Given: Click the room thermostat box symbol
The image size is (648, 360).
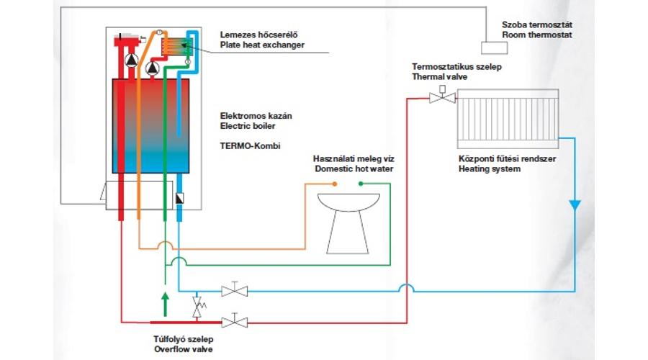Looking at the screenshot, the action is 494,48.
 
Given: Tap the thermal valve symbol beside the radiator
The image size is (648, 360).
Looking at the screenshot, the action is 442,97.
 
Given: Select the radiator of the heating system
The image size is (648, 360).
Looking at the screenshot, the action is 508,119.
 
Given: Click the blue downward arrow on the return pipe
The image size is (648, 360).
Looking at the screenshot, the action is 575,205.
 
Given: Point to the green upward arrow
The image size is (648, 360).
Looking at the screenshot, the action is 166,304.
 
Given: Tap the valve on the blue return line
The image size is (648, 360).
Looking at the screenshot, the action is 235,291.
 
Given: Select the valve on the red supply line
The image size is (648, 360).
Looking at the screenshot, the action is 235,322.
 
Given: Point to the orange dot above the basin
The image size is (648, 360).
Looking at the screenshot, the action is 335,184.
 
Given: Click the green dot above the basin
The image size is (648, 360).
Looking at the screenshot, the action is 361,184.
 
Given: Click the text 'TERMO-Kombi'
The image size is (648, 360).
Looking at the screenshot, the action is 250,146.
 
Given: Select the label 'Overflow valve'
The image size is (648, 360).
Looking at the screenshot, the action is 184,349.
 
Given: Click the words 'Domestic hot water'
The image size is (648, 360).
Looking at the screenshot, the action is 354,168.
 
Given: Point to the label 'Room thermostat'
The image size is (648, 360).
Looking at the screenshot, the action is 537,35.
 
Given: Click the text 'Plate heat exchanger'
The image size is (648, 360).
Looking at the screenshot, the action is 262,45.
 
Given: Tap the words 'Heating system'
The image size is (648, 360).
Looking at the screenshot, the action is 490,168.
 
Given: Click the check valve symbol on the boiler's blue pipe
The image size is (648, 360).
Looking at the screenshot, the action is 179,199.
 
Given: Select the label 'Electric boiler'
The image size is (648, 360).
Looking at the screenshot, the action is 248,126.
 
